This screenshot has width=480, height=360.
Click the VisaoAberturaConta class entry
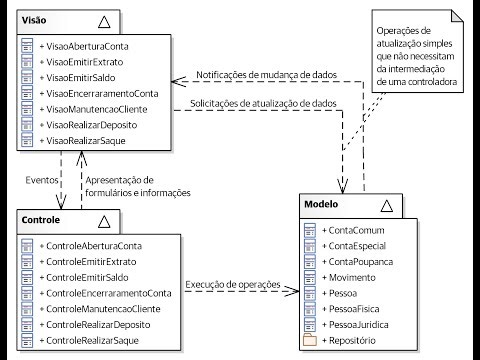87,46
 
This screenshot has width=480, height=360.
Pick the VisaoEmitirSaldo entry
81,78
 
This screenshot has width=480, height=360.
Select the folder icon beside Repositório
309,341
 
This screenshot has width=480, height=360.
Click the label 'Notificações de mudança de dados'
265,75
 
